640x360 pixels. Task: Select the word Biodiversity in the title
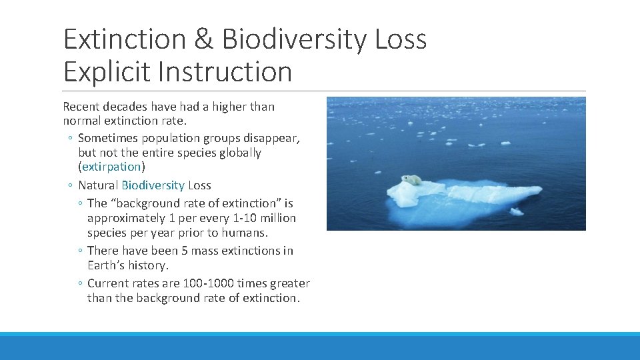tap(294, 40)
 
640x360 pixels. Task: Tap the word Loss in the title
tap(400, 40)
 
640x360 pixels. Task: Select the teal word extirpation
tap(111, 167)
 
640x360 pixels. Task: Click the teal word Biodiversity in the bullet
tap(153, 185)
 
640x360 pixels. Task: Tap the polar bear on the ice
tap(412, 180)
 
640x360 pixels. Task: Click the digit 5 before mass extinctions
tap(183, 251)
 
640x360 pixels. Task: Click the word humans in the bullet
tap(247, 233)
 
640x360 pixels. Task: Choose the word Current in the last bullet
tap(107, 283)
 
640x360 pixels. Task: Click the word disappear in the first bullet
tap(274, 138)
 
